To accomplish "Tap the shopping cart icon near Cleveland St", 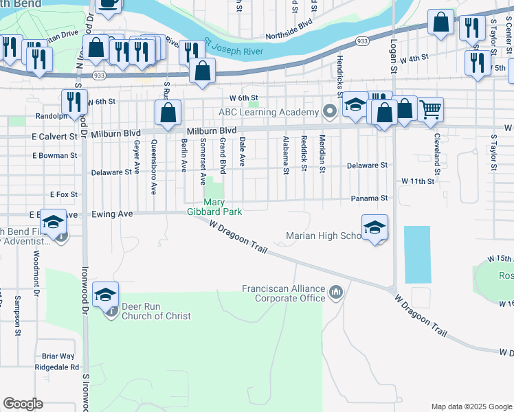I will (430, 108).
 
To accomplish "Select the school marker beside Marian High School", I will (375, 227).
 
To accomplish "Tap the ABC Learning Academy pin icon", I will (330, 111).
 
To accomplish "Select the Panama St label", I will (370, 198).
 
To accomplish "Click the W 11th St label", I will (418, 181).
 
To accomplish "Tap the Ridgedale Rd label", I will (60, 367).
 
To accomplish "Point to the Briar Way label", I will (58, 356).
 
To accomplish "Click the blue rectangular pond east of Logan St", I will (418, 255).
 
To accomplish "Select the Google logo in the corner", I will (23, 404).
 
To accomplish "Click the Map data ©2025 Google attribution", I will (471, 407).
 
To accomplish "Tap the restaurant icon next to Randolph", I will (74, 102).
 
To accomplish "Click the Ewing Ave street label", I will (112, 214).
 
